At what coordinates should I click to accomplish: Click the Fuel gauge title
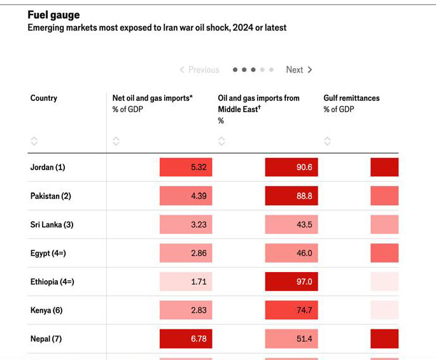(53, 15)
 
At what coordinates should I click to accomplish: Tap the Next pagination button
(299, 70)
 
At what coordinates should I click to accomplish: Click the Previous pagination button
(199, 70)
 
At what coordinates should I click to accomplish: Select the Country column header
(44, 98)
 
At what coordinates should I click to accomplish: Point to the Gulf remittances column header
(351, 98)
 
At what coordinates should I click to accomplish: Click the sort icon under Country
(34, 141)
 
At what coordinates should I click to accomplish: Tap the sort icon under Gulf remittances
(327, 141)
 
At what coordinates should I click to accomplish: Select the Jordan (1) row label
(48, 168)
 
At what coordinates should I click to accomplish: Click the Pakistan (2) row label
(51, 196)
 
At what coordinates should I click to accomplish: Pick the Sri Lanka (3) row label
(52, 225)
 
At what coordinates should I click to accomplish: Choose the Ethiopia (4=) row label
(52, 282)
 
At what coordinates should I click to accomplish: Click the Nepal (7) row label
(46, 339)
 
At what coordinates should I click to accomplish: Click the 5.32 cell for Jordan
(186, 168)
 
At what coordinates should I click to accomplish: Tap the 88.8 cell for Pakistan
(292, 196)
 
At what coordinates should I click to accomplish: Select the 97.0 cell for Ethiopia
(292, 282)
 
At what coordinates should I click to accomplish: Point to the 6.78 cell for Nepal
(186, 339)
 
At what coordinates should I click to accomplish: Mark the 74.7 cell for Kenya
(292, 310)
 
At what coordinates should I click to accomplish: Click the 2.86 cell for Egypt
(186, 254)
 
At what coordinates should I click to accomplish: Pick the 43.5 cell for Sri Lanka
(292, 225)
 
